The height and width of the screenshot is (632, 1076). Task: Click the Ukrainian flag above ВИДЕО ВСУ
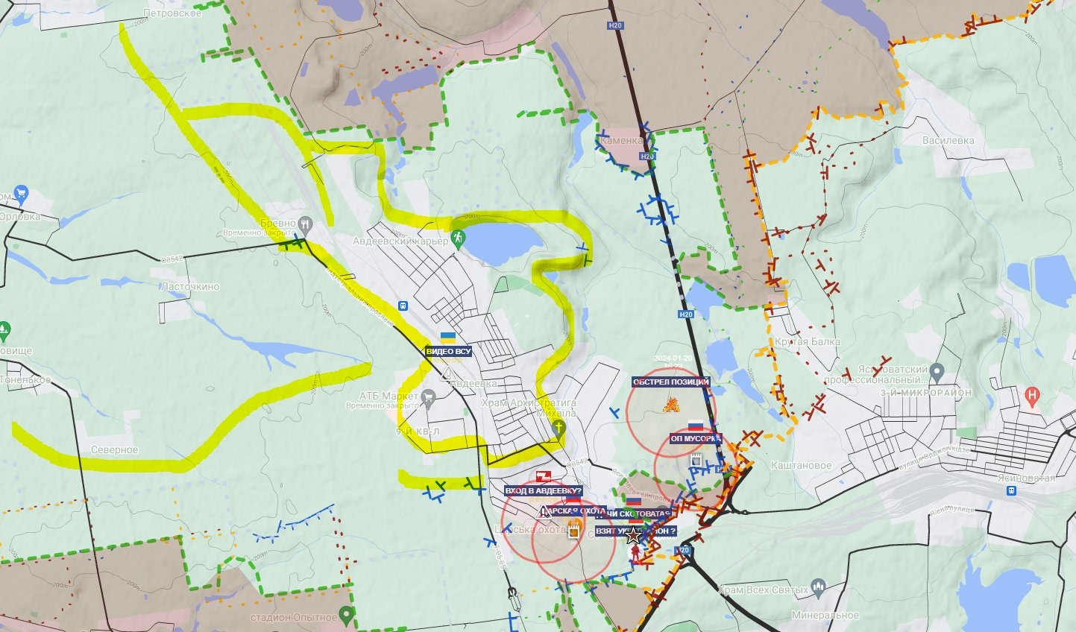[448, 338]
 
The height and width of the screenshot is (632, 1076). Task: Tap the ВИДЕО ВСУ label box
[449, 351]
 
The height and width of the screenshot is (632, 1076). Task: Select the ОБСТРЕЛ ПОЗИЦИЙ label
[670, 382]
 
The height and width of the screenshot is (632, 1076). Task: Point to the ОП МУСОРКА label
[696, 439]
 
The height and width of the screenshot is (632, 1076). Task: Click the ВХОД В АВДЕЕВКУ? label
[543, 491]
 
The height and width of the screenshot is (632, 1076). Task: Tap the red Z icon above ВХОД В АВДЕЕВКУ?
[543, 475]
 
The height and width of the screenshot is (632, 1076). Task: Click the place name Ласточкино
[190, 286]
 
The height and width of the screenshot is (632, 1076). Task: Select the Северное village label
[114, 450]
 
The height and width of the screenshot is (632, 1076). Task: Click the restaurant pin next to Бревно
[305, 223]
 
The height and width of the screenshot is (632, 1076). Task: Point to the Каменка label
[621, 140]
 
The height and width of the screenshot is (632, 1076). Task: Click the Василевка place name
[948, 140]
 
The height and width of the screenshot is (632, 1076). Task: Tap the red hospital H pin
[1032, 395]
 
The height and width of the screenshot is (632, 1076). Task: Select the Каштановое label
[801, 465]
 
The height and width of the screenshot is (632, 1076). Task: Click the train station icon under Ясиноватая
[1011, 491]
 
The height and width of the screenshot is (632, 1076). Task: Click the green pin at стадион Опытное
[345, 615]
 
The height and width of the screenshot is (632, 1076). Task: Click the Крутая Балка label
[807, 341]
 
